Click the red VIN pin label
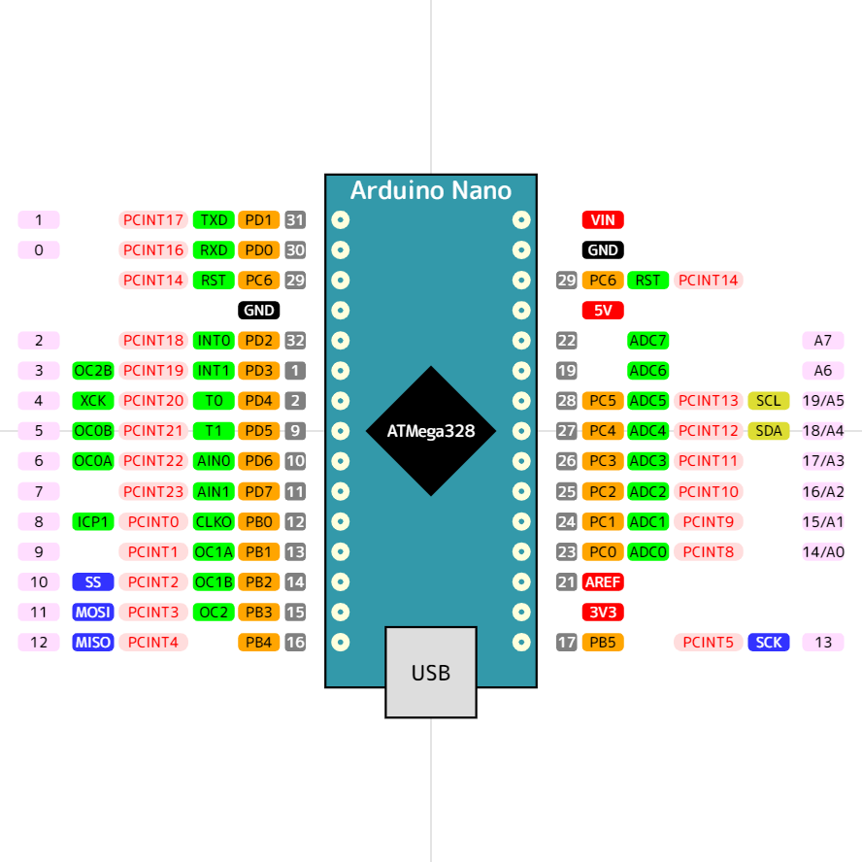[603, 220]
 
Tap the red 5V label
[603, 311]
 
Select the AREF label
[603, 582]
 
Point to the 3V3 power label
[603, 613]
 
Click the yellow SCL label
[768, 401]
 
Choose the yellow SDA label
[768, 431]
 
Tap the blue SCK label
[768, 643]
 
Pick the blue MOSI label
[93, 613]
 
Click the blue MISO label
[93, 643]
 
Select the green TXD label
[214, 220]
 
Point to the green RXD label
[214, 250]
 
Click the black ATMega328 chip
[431, 431]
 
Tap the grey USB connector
[431, 672]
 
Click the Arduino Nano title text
[431, 190]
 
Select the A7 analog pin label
[822, 341]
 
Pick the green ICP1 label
[93, 522]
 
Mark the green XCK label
[93, 401]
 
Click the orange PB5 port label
[603, 643]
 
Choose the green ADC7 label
[648, 341]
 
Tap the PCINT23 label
[153, 492]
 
